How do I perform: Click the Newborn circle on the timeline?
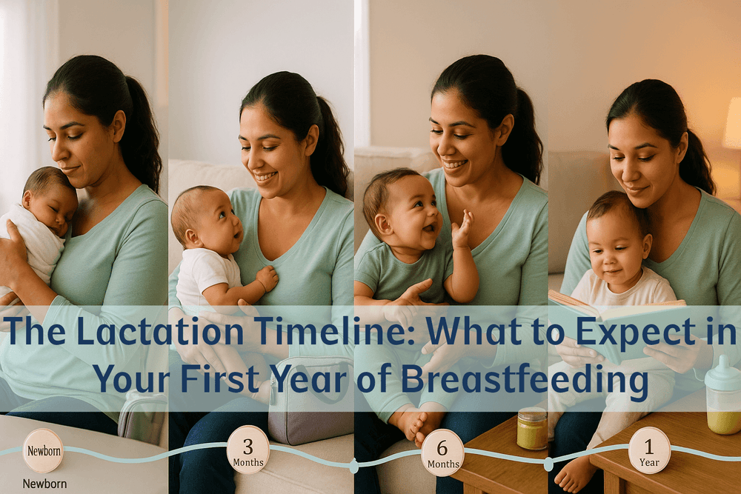click(43, 450)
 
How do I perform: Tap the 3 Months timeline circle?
click(247, 450)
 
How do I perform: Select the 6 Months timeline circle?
click(442, 453)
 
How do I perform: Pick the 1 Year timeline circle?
click(649, 450)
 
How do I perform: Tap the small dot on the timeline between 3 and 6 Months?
click(353, 466)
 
